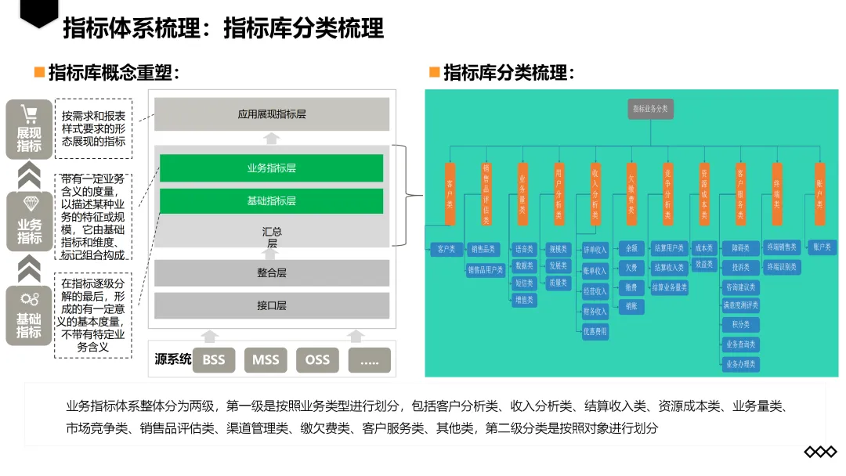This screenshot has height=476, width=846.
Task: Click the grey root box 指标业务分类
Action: click(x=650, y=110)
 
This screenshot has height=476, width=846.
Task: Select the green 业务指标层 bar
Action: click(x=271, y=168)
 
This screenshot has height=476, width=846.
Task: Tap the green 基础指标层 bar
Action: click(x=271, y=201)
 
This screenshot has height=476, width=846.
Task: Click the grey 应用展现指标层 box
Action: click(x=271, y=114)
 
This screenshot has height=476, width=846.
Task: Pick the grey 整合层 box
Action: click(x=271, y=272)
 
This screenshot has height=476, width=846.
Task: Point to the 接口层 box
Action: click(x=271, y=305)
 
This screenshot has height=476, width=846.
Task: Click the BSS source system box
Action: click(x=213, y=360)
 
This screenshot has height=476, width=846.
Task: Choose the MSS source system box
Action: click(x=266, y=360)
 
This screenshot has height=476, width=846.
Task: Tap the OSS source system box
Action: click(x=317, y=360)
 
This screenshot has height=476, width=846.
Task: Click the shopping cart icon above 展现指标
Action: click(x=30, y=115)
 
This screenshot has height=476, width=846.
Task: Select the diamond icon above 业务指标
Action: click(x=30, y=204)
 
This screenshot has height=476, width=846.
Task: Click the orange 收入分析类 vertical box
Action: click(x=595, y=193)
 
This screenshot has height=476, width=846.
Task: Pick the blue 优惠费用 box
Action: click(x=595, y=331)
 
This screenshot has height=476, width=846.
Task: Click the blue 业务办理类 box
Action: click(x=740, y=364)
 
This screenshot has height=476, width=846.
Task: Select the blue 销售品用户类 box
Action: click(x=486, y=269)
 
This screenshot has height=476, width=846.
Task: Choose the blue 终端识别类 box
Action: click(x=781, y=267)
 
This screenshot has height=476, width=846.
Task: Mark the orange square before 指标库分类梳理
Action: click(x=434, y=72)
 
